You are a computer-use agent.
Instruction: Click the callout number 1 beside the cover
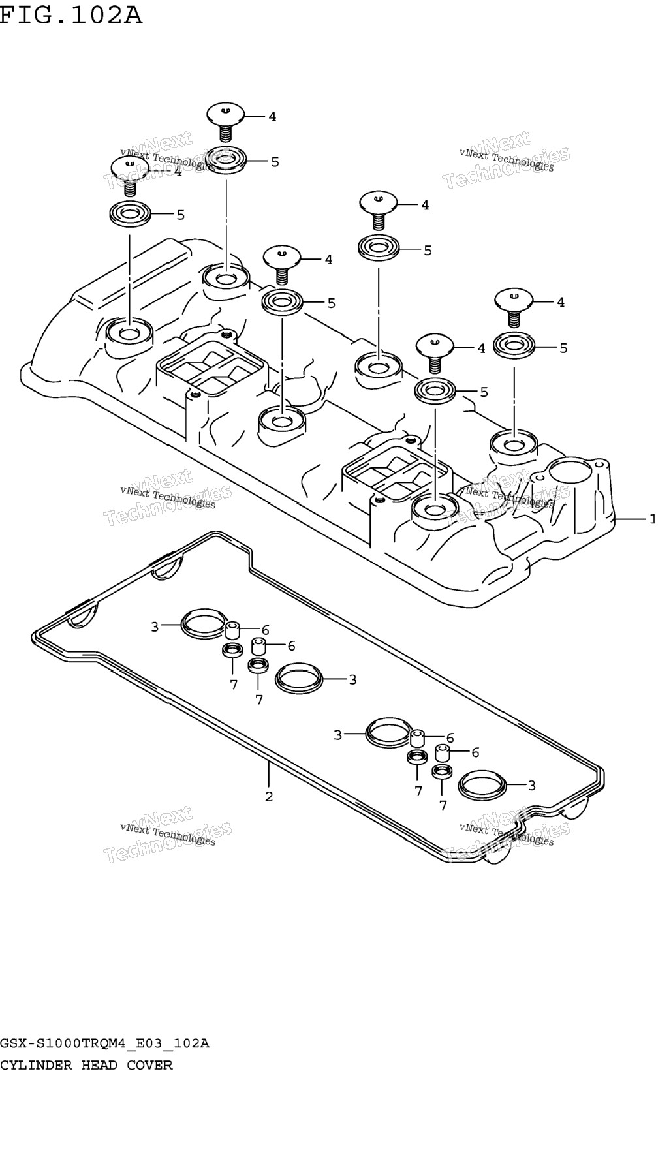(x=652, y=519)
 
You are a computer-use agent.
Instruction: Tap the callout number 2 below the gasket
(x=268, y=797)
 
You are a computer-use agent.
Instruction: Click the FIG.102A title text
(x=70, y=14)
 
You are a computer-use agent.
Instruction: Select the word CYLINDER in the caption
(x=36, y=1065)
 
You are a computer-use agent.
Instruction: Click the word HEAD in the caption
(x=99, y=1065)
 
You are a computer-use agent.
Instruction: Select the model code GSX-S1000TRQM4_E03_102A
(x=104, y=1043)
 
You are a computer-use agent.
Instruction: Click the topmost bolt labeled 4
(x=226, y=121)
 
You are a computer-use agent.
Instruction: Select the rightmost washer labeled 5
(x=513, y=347)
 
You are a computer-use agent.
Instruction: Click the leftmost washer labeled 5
(x=129, y=215)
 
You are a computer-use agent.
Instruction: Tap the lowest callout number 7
(x=443, y=805)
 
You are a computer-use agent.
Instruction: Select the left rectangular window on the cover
(x=211, y=367)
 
